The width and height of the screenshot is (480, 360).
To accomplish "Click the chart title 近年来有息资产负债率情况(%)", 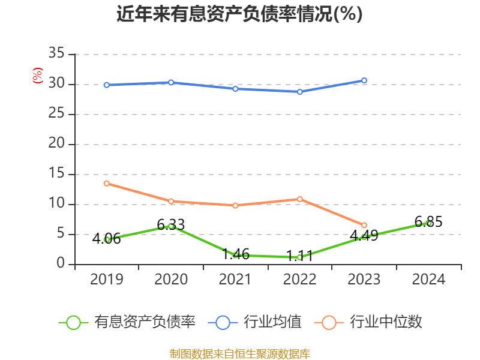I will pyautogui.click(x=239, y=14).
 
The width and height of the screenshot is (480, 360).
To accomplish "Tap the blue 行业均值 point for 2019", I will pyautogui.click(x=106, y=85).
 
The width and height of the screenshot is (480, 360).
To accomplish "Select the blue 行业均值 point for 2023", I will pyautogui.click(x=364, y=80).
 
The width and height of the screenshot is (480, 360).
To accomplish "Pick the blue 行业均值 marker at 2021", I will pyautogui.click(x=235, y=89).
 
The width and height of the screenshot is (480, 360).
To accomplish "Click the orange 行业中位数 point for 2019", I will pyautogui.click(x=106, y=183).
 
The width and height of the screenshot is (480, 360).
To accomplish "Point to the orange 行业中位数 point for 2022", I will pyautogui.click(x=300, y=199).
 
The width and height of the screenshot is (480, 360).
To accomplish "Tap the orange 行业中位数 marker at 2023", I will pyautogui.click(x=364, y=226).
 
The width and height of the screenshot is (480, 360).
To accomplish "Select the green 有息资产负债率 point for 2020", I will pyautogui.click(x=171, y=226).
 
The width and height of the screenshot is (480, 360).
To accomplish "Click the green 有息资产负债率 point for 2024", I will pyautogui.click(x=428, y=223).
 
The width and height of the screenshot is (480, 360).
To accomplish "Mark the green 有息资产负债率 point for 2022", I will pyautogui.click(x=300, y=257).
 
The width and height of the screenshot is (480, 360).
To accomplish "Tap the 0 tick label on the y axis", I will pyautogui.click(x=61, y=264).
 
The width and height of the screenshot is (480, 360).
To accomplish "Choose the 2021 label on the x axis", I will pyautogui.click(x=235, y=280).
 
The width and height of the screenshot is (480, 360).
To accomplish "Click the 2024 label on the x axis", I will pyautogui.click(x=428, y=280).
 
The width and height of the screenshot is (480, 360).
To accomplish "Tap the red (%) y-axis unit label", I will pyautogui.click(x=38, y=76).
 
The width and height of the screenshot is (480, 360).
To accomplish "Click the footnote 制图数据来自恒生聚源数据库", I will pyautogui.click(x=239, y=354).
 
